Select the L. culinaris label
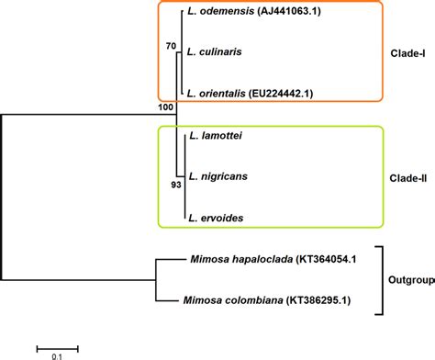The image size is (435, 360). (x=219, y=52)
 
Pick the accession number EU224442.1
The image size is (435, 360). (x=296, y=94)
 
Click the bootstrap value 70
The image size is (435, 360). (x=169, y=44)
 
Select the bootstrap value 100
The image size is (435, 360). (x=166, y=108)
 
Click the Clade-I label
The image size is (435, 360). (x=405, y=53)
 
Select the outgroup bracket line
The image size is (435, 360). (x=380, y=279)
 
